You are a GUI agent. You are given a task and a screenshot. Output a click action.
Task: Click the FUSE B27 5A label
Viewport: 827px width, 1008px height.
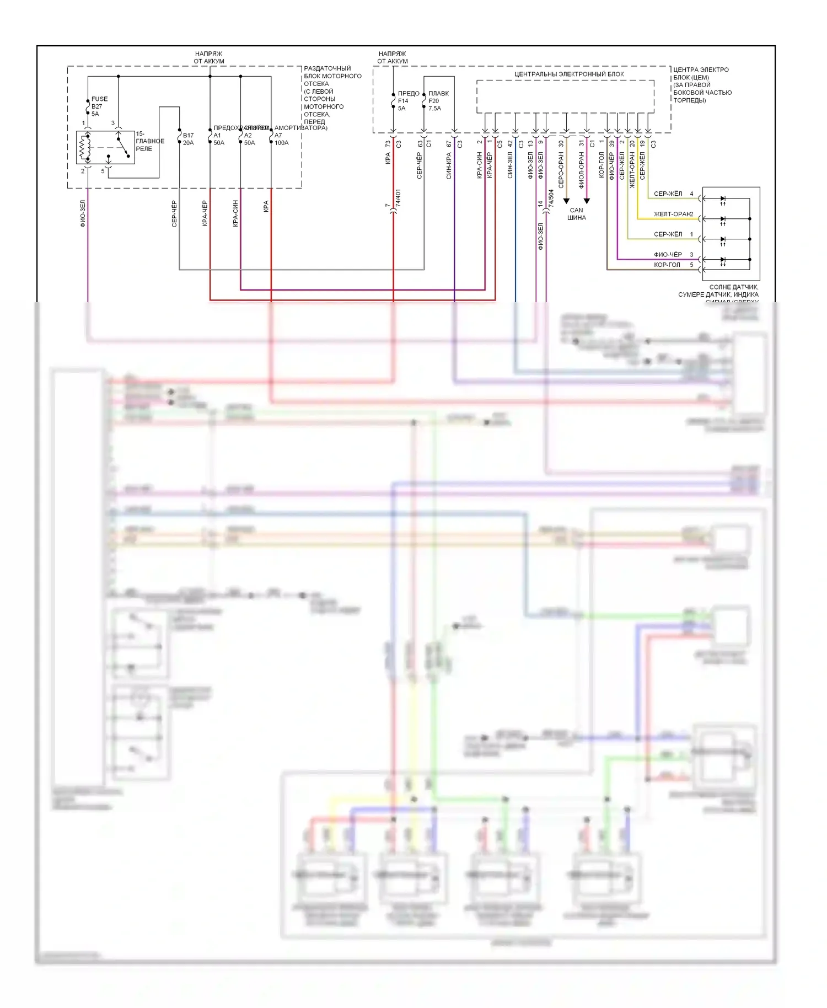coord(99,106)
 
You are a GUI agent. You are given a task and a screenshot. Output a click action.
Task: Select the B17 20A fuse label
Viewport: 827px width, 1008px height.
coord(188,139)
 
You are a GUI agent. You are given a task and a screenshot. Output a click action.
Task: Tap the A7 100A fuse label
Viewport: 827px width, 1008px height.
coord(281,139)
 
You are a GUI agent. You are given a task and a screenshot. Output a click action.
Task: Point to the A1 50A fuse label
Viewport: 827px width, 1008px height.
coord(219,139)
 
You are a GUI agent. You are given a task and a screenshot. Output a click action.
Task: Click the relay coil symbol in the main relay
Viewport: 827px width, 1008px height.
coord(85,147)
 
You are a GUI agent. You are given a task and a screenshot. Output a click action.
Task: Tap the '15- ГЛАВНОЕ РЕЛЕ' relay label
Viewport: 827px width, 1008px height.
coord(149,141)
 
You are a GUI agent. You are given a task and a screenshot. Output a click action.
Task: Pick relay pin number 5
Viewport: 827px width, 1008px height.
coord(103,171)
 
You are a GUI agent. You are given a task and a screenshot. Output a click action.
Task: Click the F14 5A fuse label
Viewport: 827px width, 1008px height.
coord(403,101)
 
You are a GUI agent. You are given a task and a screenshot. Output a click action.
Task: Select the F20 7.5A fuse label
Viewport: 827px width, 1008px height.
coord(435,101)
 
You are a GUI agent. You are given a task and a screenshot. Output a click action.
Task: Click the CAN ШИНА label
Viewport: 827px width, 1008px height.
coord(576,214)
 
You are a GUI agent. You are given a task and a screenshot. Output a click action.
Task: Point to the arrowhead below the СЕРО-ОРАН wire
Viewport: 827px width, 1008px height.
coord(566,201)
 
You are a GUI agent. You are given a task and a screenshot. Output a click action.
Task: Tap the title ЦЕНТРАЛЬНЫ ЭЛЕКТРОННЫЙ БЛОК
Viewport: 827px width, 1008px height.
coord(569,74)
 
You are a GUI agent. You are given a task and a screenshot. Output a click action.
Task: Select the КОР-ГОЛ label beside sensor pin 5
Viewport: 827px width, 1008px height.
coord(667,265)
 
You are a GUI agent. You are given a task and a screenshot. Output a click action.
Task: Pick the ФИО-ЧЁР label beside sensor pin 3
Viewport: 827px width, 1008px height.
coord(668,254)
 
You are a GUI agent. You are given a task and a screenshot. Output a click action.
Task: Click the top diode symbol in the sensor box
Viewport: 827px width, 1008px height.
coord(723,199)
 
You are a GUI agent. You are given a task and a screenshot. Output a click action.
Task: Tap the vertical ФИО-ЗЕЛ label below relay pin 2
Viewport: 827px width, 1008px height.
coord(83,214)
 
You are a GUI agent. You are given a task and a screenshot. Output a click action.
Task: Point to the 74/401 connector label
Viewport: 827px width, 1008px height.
coord(398,199)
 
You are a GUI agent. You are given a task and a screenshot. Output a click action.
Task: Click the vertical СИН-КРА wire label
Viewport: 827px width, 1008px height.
coord(449,165)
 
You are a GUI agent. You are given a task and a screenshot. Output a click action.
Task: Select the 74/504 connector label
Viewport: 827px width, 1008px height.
coord(551,199)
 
